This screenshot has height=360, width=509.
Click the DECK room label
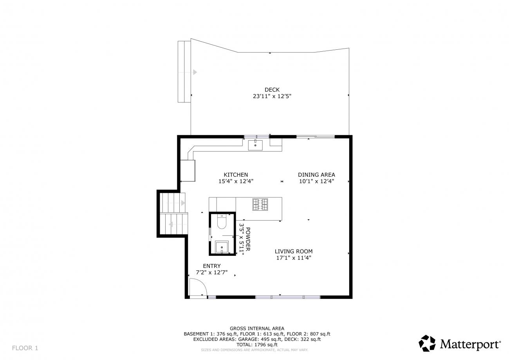coord(272,90)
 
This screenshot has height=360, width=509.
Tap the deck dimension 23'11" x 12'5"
coord(272,96)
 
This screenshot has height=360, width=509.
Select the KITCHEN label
coord(236,175)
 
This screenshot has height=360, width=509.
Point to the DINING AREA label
coord(316,175)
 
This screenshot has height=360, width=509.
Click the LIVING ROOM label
coord(294,251)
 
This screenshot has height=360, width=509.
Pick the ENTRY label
coord(212,266)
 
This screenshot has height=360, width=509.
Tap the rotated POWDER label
coord(248,239)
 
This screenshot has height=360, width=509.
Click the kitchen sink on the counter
coord(255,145)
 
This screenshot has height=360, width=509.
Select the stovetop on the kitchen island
coord(260,204)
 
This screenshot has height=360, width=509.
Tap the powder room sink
coord(222,247)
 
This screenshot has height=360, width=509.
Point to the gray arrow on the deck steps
coord(195,72)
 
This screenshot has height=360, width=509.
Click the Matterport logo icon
coord(427,343)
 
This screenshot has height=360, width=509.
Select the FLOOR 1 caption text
coord(25,348)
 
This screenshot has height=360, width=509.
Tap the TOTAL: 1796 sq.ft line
coord(257,345)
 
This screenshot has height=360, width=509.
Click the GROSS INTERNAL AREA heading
coord(257,328)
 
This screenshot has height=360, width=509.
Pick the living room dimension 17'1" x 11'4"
coord(294,258)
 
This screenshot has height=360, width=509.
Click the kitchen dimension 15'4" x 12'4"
coord(236,181)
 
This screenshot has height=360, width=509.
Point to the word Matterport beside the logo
coord(470,344)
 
